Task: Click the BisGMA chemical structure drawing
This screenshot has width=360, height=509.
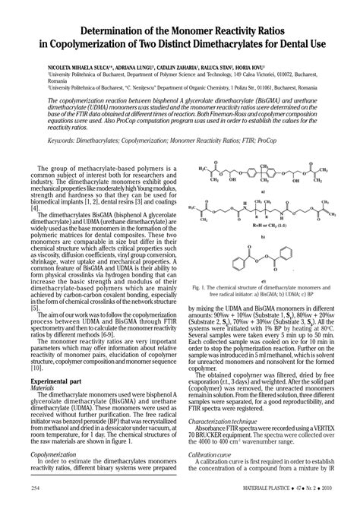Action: tap(263, 181)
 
